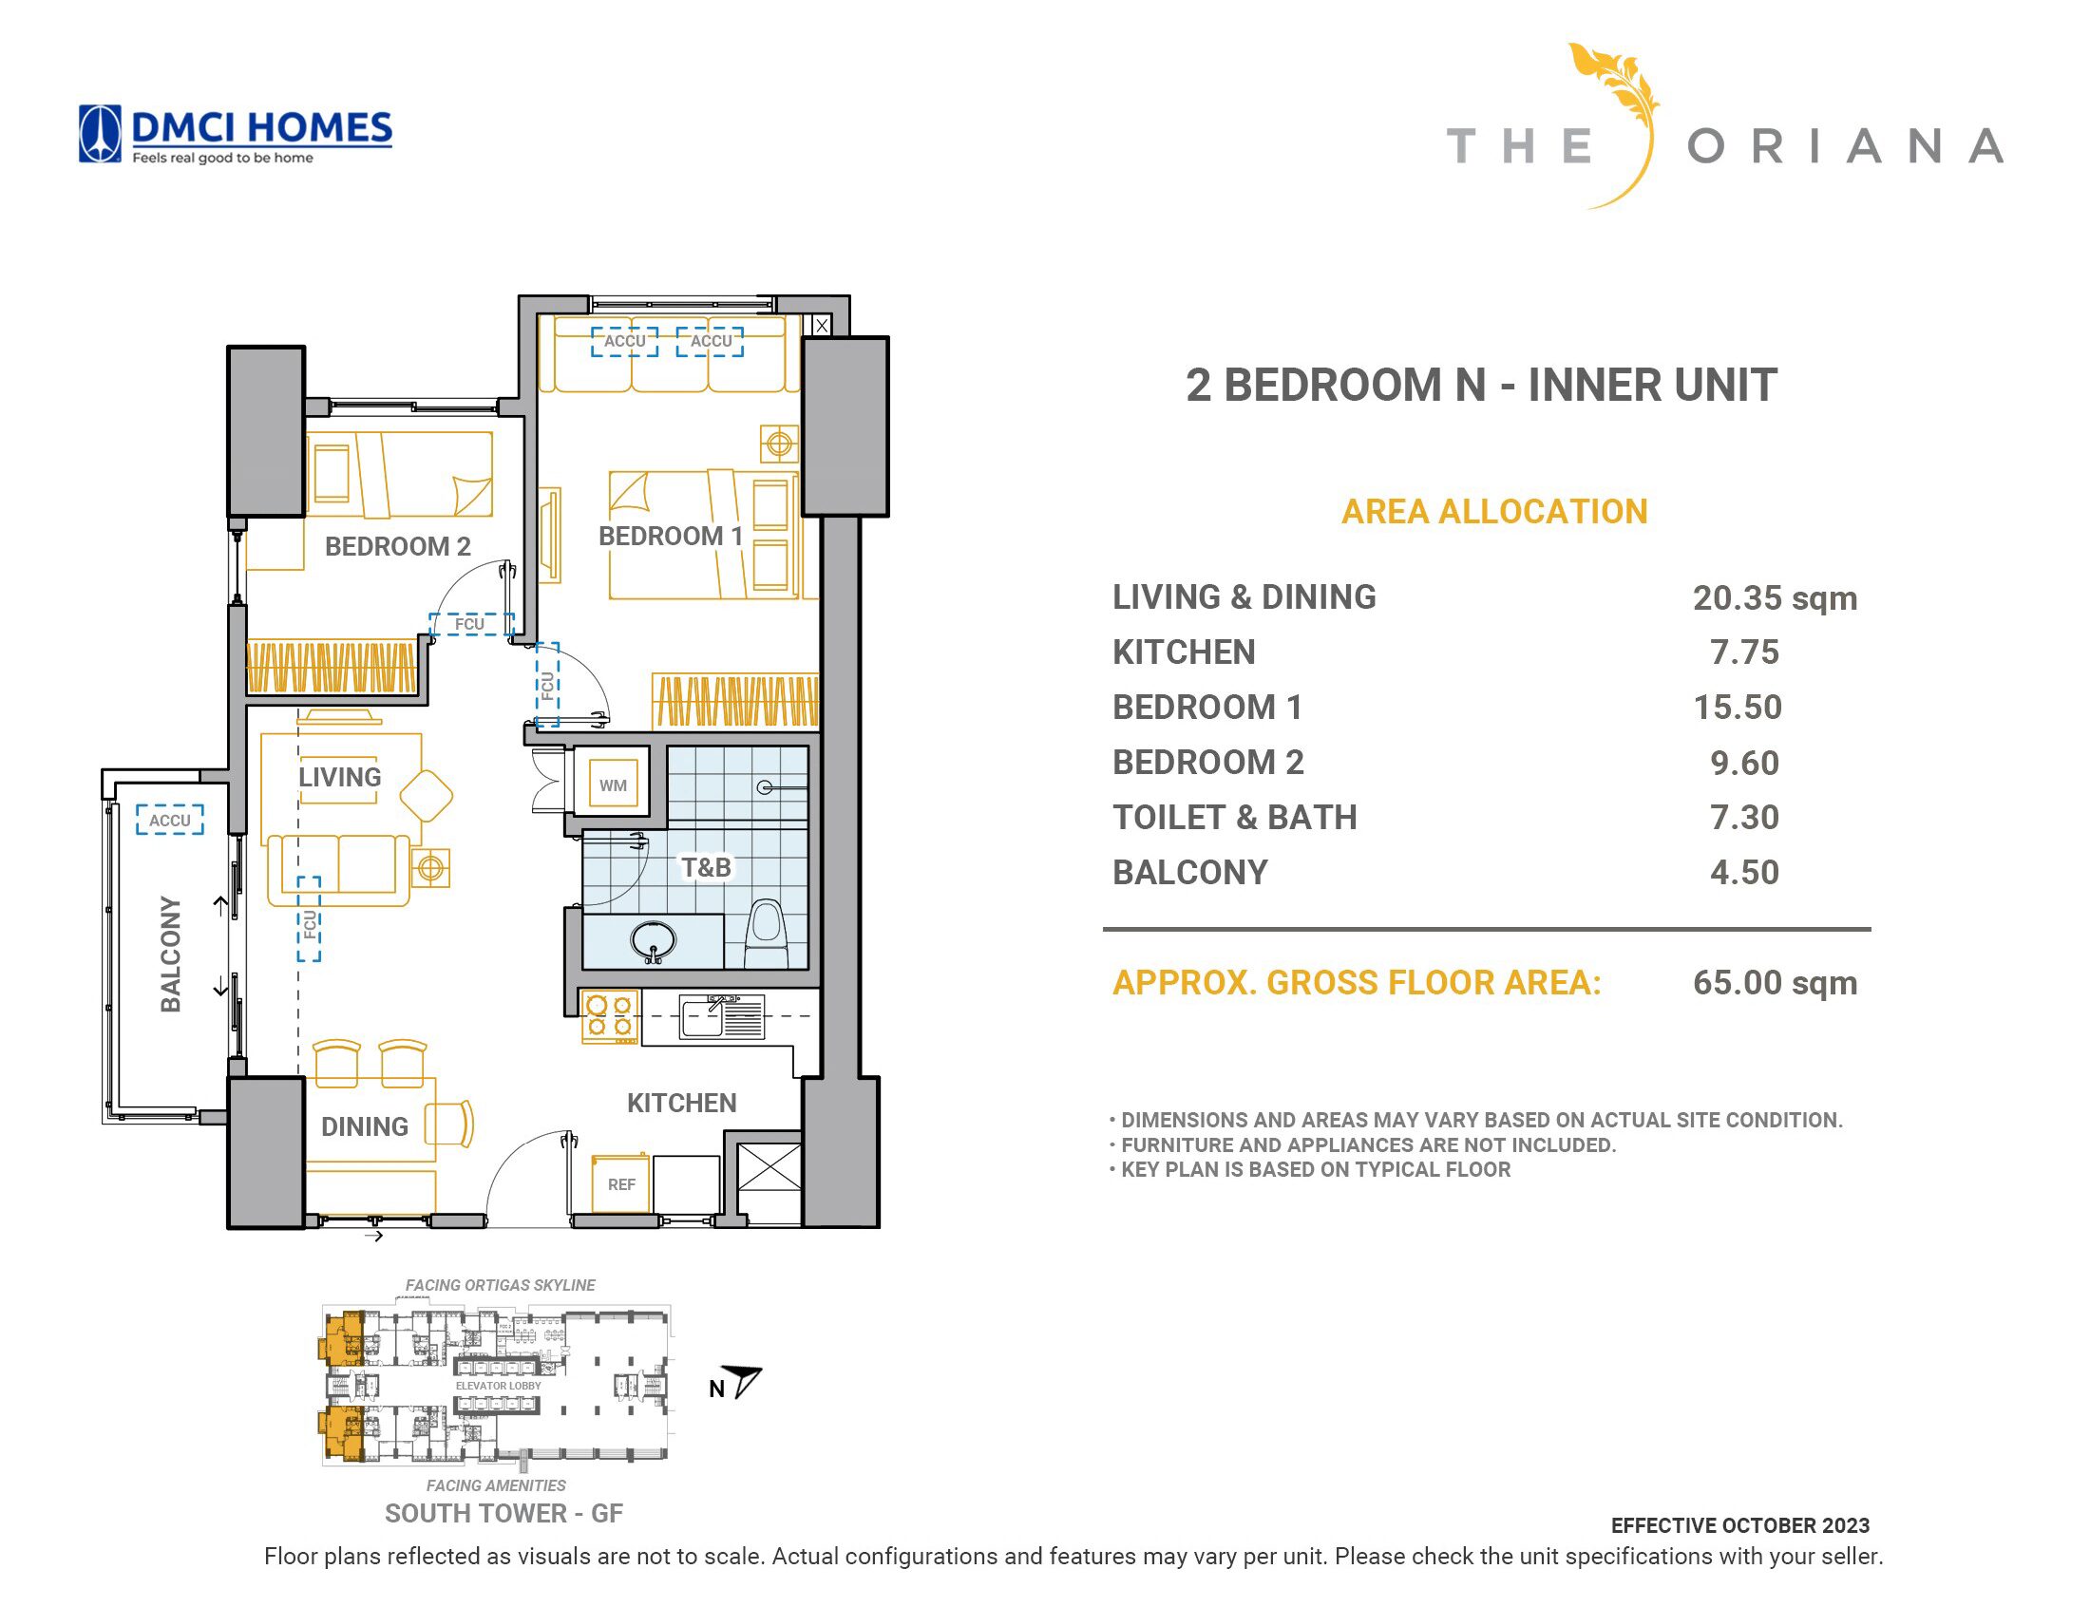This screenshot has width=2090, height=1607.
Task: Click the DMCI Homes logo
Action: (x=235, y=134)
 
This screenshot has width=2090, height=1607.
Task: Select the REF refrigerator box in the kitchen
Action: (x=620, y=1183)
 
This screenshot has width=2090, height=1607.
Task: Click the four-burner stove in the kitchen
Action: (x=609, y=1016)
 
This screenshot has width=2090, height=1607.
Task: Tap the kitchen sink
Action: (x=721, y=1016)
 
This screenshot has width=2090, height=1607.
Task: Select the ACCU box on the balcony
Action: (x=169, y=820)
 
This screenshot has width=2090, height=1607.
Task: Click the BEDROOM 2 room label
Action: (x=398, y=546)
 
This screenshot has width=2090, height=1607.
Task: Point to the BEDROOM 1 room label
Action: (x=671, y=536)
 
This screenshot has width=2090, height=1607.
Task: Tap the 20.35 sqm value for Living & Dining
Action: (x=1775, y=597)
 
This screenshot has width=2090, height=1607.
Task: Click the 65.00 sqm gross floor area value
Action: (x=1775, y=982)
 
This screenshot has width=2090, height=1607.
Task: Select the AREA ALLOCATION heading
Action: (x=1494, y=512)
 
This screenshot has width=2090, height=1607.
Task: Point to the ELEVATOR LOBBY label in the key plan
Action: (x=499, y=1385)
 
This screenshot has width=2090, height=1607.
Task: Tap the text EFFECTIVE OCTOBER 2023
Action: (x=1739, y=1525)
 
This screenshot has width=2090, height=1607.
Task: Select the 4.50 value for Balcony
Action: (x=1744, y=873)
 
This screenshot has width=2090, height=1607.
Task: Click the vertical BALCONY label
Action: (x=170, y=954)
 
